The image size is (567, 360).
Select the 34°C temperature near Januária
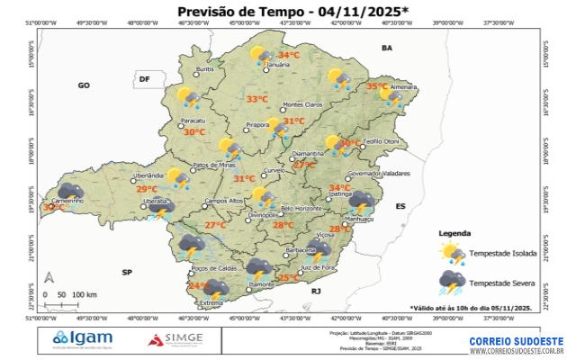tap(276, 55)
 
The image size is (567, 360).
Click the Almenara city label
tap(403, 87)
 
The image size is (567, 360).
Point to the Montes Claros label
tap(302, 105)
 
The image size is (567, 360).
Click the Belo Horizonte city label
tap(301, 208)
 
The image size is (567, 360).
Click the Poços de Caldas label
tap(214, 268)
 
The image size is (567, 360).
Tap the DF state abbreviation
tap(143, 80)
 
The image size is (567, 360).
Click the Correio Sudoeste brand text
tap(516, 341)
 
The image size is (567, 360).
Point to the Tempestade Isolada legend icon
tap(451, 254)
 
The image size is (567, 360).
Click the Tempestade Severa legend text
tap(503, 282)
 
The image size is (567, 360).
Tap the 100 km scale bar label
tap(85, 294)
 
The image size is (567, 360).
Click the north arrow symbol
tap(51, 278)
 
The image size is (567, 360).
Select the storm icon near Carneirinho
tap(72, 191)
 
